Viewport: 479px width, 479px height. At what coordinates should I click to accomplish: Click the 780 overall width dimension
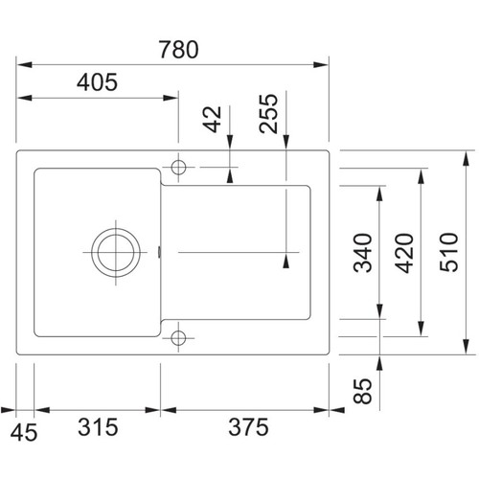[179, 50]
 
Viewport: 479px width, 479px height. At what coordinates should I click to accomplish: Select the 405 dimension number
[97, 82]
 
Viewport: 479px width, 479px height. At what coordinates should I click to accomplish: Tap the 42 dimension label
[213, 119]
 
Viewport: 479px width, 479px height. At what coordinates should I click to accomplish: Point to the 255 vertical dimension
[268, 113]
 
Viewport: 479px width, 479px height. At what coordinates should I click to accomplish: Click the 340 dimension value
[363, 253]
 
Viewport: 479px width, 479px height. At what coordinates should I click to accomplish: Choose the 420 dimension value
[404, 253]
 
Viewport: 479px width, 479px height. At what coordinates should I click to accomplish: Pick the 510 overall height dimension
[448, 252]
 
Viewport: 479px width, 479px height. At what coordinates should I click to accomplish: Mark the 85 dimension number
[363, 392]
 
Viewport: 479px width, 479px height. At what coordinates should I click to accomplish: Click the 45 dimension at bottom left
[24, 433]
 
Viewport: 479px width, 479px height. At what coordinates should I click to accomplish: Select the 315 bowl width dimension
[98, 427]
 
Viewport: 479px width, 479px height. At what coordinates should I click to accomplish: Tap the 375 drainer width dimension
[248, 427]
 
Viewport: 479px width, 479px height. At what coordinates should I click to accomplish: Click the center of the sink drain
[116, 252]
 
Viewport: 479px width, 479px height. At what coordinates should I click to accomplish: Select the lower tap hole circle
[178, 337]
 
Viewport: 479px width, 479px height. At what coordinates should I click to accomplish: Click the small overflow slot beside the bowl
[159, 252]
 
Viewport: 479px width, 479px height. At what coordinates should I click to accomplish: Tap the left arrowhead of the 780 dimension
[24, 65]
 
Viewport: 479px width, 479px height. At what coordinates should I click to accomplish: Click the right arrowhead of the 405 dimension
[171, 98]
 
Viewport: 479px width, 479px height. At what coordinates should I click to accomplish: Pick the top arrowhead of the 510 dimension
[467, 158]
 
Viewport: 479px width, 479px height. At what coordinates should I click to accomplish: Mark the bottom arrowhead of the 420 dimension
[422, 329]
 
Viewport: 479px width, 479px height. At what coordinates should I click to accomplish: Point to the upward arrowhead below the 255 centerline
[286, 261]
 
